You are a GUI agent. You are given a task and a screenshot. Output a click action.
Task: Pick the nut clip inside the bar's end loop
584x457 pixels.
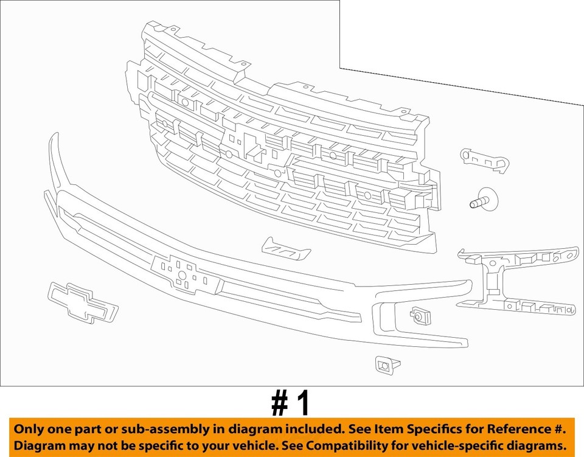point(419,315)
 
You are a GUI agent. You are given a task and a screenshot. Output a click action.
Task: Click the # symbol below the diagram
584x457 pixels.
point(279,403)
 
